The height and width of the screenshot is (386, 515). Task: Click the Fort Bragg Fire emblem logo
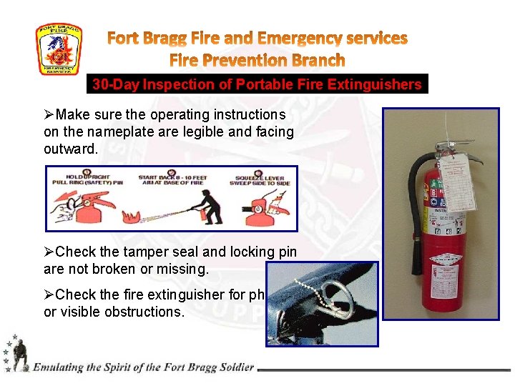coord(59,49)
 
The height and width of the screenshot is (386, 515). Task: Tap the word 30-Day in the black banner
coord(116,84)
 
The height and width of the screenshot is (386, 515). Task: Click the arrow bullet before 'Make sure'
coord(49,114)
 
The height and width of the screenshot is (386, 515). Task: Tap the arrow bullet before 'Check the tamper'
coord(49,252)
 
